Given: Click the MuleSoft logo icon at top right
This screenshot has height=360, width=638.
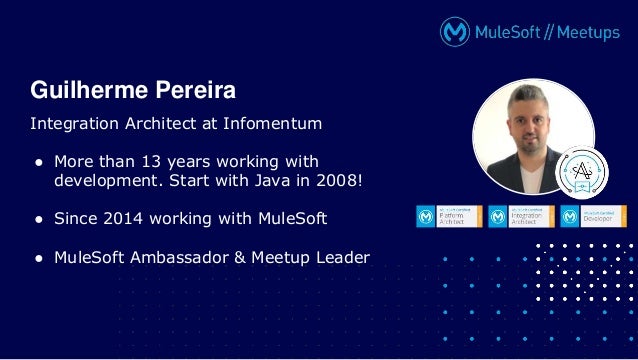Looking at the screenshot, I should (456, 32).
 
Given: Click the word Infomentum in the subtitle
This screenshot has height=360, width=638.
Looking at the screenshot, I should (273, 125).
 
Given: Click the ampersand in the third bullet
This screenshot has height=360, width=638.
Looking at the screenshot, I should (240, 257).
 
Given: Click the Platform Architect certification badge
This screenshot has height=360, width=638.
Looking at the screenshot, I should (449, 216).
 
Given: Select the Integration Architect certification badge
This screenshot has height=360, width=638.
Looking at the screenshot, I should (521, 216).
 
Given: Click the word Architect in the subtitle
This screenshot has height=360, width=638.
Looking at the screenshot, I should (160, 125).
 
